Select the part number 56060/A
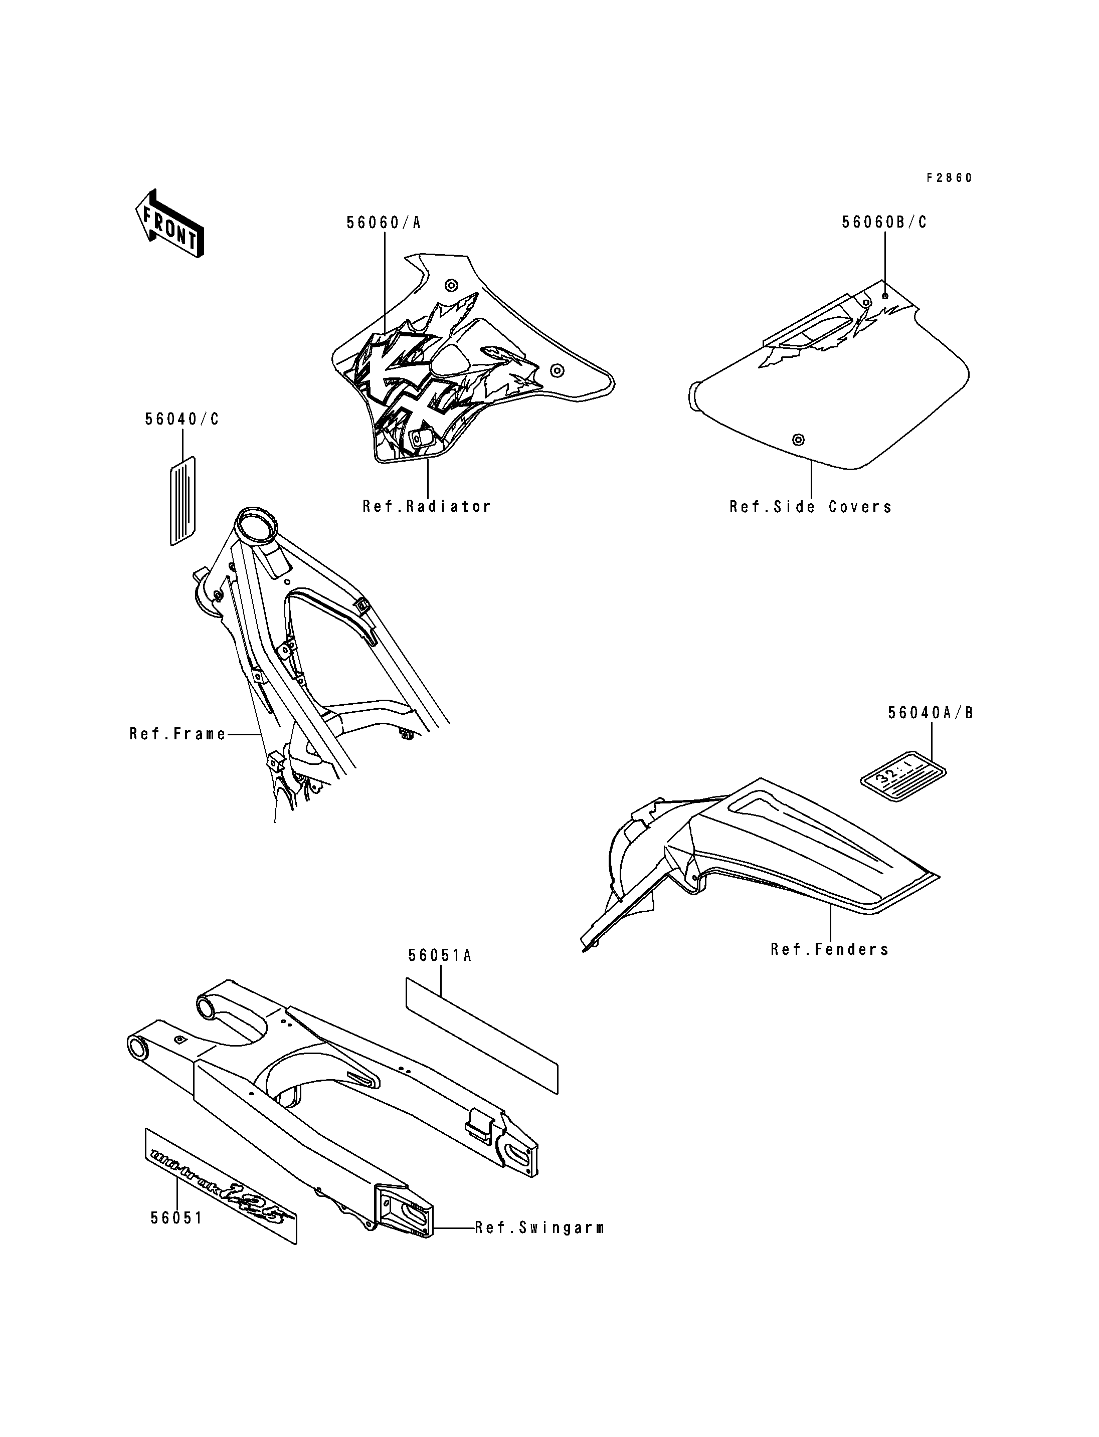pos(384,223)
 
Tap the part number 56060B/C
pos(884,223)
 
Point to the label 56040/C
pos(182,419)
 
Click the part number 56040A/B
pos(930,713)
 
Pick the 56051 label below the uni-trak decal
pos(176,1218)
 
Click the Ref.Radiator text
pos(427,506)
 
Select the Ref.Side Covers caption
pos(811,507)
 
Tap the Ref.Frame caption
pos(177,734)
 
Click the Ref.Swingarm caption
pos(539,1227)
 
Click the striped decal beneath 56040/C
pos(183,500)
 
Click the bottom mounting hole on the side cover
pos(798,439)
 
